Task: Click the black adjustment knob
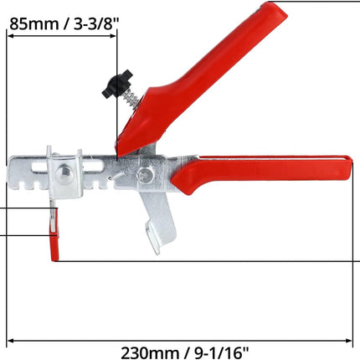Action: click(116, 84)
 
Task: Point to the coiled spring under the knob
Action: click(131, 99)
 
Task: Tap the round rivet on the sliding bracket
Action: click(64, 174)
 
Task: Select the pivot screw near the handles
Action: click(146, 175)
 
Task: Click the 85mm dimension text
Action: click(34, 23)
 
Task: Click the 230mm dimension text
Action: click(150, 352)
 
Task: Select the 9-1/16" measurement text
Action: click(221, 352)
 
